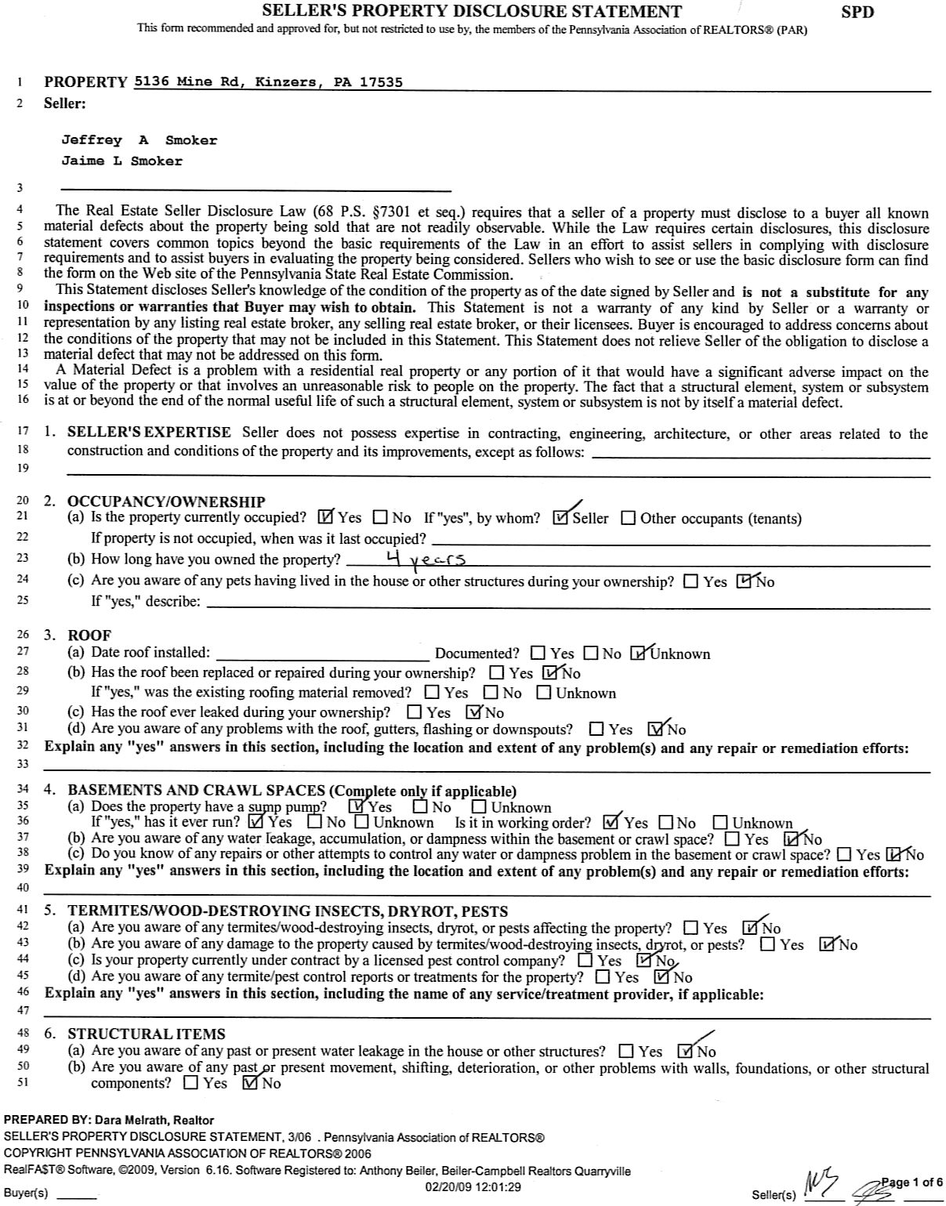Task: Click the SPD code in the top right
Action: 857,12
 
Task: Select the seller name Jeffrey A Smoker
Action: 140,140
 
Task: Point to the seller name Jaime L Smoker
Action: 121,161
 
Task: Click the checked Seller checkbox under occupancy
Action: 561,517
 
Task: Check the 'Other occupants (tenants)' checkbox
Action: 628,518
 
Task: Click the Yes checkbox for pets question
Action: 691,581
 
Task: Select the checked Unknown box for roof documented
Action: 639,653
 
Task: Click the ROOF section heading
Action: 89,635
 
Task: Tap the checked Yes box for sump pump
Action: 357,806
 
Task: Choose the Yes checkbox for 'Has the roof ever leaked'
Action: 415,712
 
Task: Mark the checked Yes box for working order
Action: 611,823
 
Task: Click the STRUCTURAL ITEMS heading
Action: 146,1034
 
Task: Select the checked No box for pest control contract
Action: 644,960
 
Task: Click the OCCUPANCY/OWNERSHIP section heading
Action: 166,502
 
